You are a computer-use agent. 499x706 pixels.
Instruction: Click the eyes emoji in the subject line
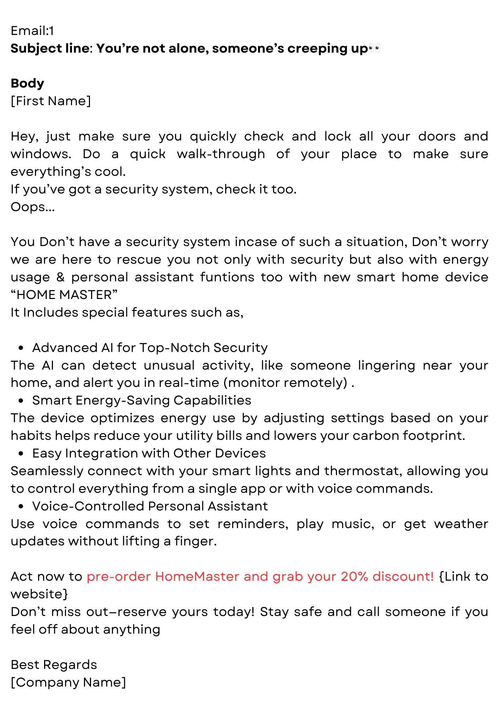pos(374,48)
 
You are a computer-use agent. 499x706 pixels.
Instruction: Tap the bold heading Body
pos(28,83)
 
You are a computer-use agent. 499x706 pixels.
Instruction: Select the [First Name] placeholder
pos(51,101)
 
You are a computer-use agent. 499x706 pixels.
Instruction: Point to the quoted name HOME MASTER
pos(64,295)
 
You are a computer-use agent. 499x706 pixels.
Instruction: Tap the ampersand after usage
pos(61,277)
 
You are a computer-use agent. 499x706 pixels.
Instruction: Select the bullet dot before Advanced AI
pos(21,348)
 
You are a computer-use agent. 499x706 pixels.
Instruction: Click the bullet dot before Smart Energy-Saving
pos(21,401)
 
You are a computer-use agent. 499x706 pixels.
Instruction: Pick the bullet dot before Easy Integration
pos(21,454)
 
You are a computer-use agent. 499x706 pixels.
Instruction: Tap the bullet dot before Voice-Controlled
pos(21,507)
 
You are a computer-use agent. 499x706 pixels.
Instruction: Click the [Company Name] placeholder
pos(68,682)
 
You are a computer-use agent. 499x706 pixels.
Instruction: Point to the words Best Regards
pos(54,665)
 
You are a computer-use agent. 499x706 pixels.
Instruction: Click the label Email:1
pos(32,31)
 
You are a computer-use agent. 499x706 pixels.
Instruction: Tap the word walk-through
pos(221,154)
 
